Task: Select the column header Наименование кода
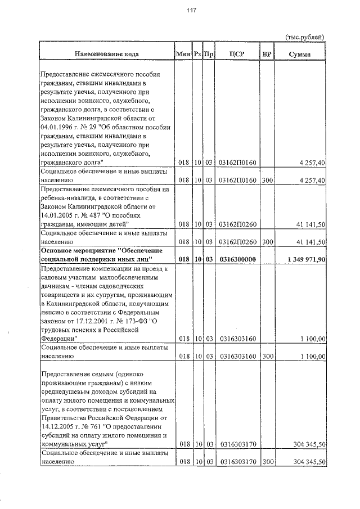point(106,54)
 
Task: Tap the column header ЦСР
point(237,54)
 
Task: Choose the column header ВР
point(267,54)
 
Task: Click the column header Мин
point(183,54)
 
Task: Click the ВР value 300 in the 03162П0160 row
point(268,180)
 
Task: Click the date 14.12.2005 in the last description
point(58,426)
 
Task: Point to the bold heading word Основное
point(58,250)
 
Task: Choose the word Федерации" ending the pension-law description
point(58,339)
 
